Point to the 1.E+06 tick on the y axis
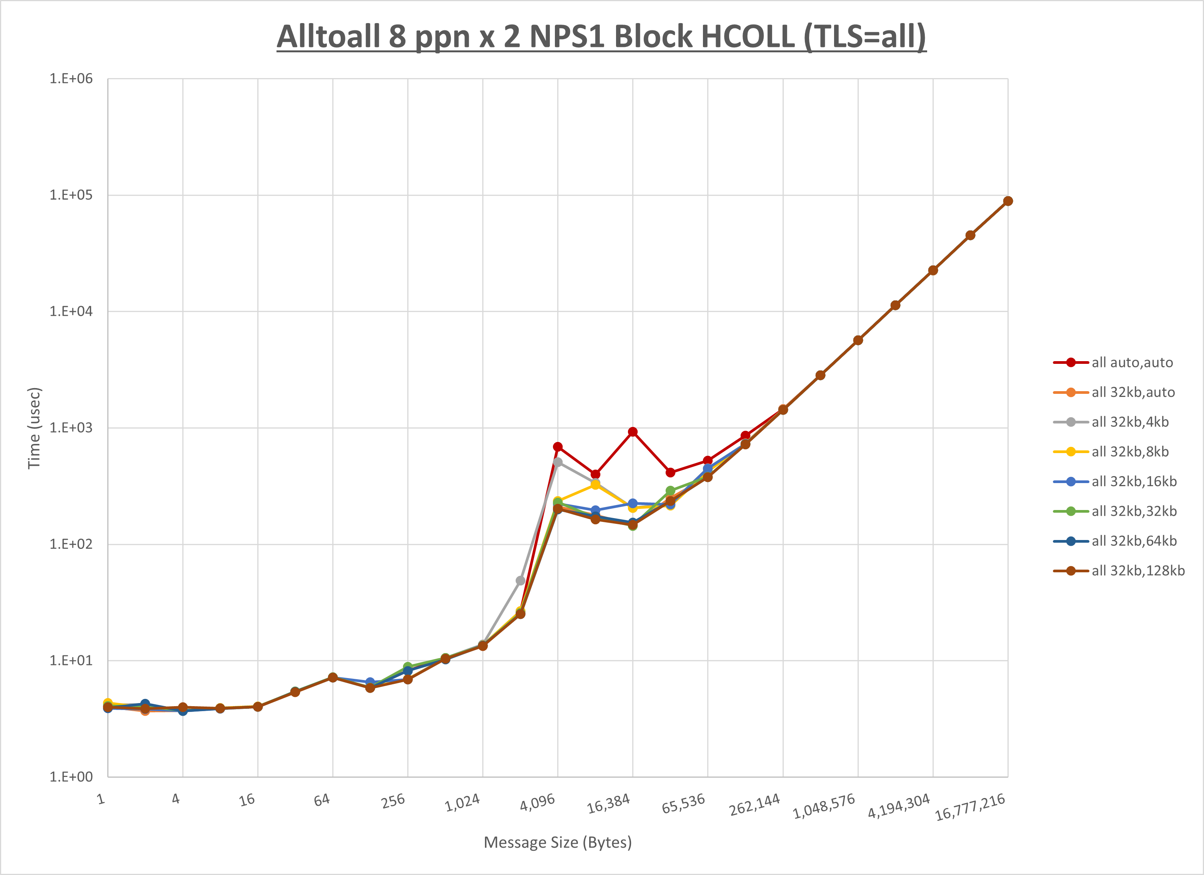point(71,78)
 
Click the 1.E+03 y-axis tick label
point(71,427)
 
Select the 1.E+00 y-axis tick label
point(71,777)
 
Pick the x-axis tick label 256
point(393,801)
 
